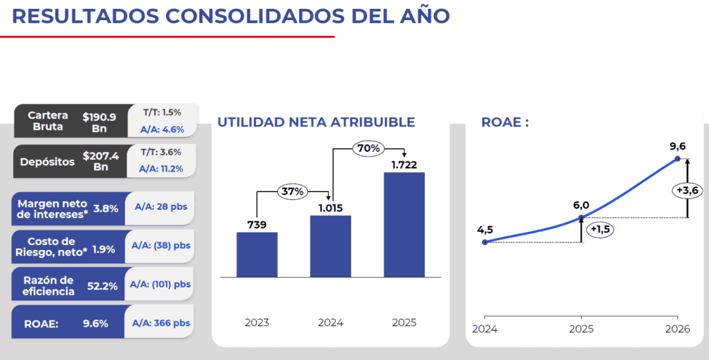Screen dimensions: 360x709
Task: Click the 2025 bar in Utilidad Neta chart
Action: point(404,224)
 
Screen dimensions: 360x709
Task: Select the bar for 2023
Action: point(257,254)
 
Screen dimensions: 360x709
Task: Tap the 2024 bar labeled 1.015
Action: point(330,246)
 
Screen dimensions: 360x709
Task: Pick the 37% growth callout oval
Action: point(293,191)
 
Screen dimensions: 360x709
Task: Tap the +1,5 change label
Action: point(600,230)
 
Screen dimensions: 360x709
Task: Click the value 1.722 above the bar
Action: point(404,164)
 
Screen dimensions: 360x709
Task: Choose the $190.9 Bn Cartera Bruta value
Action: point(100,123)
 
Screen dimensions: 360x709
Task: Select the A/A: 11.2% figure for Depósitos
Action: point(161,168)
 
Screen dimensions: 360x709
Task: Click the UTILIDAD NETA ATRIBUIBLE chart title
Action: point(316,123)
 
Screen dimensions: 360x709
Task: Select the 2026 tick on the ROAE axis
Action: point(677,329)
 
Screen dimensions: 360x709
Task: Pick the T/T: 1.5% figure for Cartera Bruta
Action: point(161,112)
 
